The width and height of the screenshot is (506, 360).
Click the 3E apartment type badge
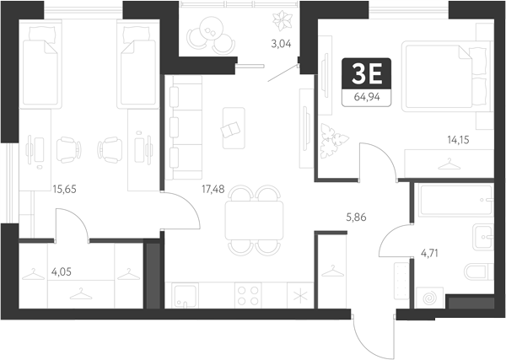367,74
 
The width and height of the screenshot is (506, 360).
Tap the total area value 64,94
367,97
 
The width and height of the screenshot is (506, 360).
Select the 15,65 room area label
65,189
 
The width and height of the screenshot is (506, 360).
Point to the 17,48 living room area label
213,189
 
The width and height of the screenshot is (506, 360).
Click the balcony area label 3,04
281,44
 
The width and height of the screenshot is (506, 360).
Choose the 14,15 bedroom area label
458,140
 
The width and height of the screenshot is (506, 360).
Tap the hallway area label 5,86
356,218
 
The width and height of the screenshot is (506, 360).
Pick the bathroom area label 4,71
429,253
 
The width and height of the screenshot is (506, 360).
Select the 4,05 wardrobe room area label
62,272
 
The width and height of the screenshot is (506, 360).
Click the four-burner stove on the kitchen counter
248,295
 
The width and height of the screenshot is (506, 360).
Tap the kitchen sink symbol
185,295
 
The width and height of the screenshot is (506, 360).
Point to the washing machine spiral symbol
429,298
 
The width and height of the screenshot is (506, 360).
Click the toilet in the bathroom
478,271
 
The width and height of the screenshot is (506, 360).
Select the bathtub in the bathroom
456,200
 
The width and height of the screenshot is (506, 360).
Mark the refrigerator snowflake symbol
300,295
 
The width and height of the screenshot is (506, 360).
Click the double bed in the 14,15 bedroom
445,77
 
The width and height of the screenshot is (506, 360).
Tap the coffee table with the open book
234,128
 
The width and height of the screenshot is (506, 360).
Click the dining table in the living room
255,220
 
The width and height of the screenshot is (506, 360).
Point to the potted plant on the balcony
283,20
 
